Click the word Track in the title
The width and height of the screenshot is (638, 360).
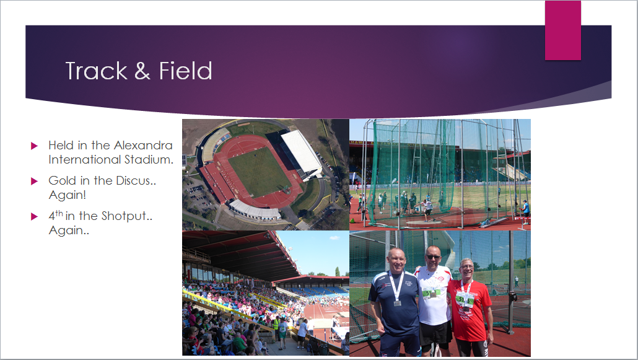coord(97,71)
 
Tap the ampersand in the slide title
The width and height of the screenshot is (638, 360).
coord(142,71)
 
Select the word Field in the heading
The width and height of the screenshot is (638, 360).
coord(186,71)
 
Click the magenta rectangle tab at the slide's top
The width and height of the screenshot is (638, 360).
coord(562,30)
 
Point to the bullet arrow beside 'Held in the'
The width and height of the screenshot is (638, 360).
coord(34,146)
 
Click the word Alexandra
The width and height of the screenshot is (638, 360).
coord(143,146)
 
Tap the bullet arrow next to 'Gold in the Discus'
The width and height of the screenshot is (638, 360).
coord(34,181)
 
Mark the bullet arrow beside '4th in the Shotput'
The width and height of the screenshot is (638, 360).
coord(34,217)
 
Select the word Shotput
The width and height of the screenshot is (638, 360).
coord(126,216)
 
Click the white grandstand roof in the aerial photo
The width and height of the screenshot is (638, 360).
coord(302,152)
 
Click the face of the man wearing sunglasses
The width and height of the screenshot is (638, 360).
coord(433,257)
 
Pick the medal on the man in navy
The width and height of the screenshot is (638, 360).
coord(397,303)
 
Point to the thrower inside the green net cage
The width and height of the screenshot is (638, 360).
coord(427,208)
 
